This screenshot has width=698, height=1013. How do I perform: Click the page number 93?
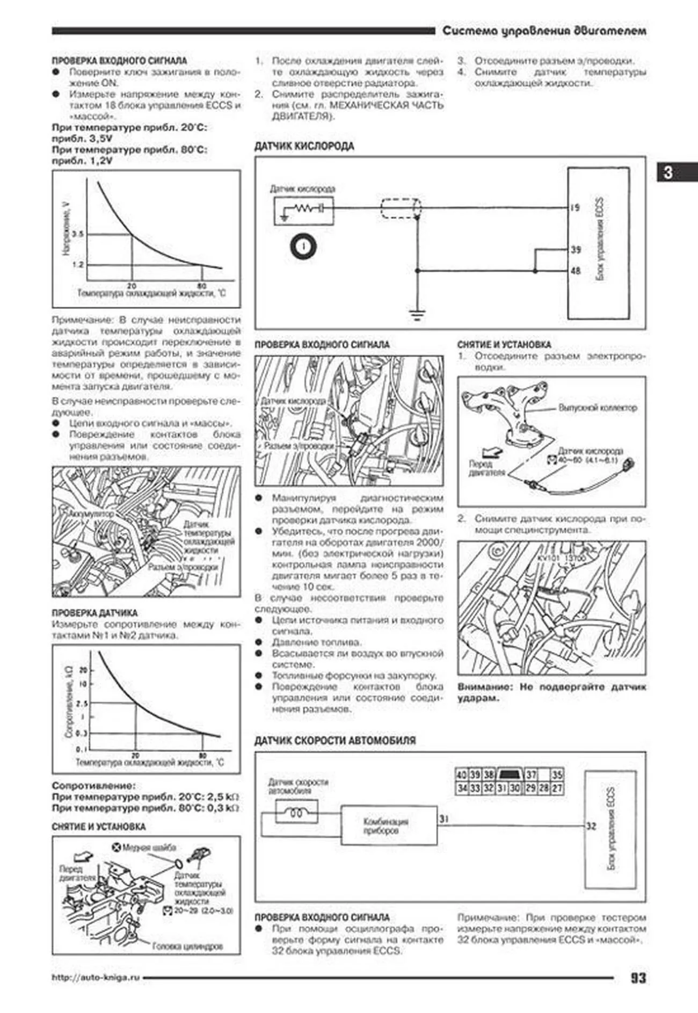[x=637, y=978]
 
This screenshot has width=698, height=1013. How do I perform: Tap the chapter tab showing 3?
[x=668, y=172]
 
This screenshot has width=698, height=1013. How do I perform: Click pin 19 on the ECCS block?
[x=575, y=207]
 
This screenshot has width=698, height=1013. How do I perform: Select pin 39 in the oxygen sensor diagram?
[x=576, y=249]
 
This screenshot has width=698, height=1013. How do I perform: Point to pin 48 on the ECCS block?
[x=576, y=271]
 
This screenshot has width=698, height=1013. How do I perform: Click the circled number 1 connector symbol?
[x=303, y=247]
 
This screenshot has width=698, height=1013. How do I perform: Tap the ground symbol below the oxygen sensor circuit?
[x=417, y=314]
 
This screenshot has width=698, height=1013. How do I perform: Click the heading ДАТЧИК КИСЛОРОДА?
[x=304, y=146]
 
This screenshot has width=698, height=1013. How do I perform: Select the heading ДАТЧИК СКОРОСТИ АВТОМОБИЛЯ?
[x=335, y=740]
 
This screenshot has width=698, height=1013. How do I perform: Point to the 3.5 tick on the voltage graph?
[x=78, y=234]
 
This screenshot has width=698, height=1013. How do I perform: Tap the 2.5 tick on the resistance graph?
[x=82, y=703]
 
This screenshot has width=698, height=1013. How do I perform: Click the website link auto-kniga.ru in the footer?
[x=96, y=978]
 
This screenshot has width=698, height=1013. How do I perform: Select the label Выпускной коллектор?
[x=597, y=408]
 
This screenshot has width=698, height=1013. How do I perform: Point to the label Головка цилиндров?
[x=187, y=946]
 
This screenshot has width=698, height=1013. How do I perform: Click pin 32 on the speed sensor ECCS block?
[x=591, y=826]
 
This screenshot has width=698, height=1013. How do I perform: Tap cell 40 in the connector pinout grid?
[x=461, y=775]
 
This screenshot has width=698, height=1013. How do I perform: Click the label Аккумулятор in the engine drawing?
[x=91, y=514]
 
